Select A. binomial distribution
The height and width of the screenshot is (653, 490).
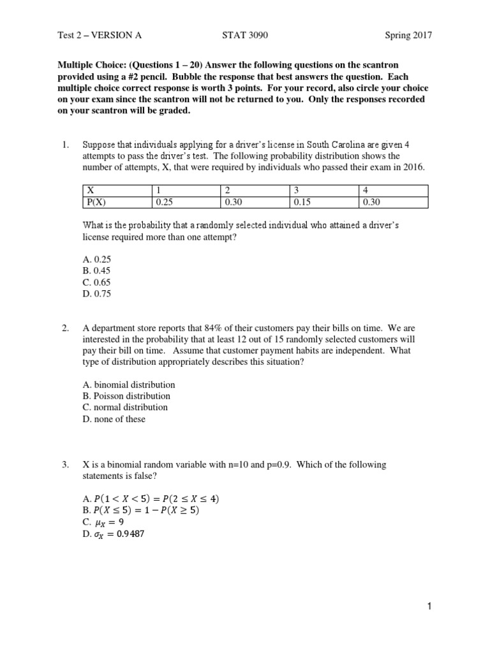click(129, 385)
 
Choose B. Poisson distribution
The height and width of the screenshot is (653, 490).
click(127, 396)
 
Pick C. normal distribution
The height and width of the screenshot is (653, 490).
click(126, 407)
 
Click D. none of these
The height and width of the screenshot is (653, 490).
click(114, 419)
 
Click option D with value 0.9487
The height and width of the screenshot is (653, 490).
click(114, 534)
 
